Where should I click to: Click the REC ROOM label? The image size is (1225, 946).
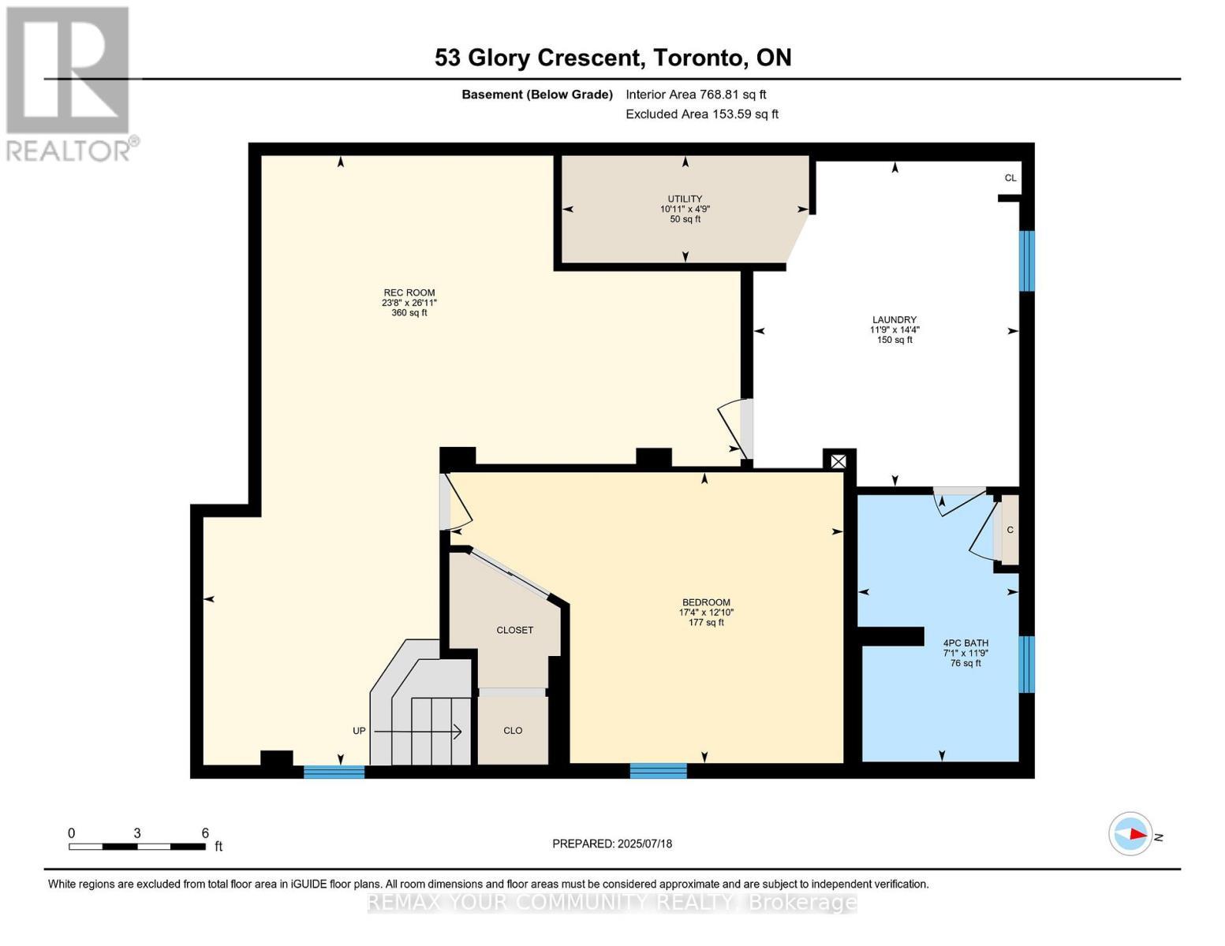point(409,292)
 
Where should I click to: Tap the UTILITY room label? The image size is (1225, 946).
point(685,199)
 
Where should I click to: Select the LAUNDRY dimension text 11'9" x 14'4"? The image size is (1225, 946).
point(894,330)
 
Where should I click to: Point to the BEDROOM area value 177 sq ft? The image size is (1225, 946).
point(706,623)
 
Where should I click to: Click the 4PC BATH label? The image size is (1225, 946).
point(965,642)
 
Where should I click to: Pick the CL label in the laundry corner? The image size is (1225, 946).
point(1010,178)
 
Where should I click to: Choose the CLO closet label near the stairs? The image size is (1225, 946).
point(513,730)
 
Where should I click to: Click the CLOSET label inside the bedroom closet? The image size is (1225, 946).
point(515,630)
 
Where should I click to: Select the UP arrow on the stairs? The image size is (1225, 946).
point(418,732)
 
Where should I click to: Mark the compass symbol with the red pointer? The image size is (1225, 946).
point(1130,834)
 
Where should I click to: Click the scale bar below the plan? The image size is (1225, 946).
point(137,846)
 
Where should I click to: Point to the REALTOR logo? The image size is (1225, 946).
point(70,84)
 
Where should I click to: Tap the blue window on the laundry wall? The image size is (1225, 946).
point(1027,261)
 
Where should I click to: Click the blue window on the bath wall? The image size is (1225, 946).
point(1027,665)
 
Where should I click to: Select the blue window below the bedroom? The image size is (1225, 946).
point(658,771)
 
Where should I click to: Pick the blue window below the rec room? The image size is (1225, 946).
point(334,772)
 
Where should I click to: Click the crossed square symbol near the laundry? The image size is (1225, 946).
point(838,462)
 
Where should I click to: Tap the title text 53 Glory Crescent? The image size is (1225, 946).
point(538,58)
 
